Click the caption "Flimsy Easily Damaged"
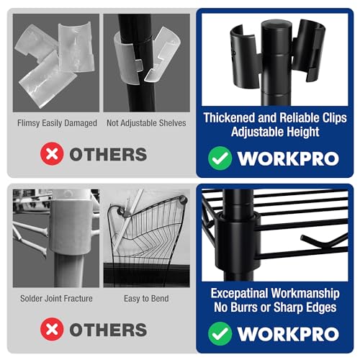click(x=57, y=123)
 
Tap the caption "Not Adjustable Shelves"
click(x=146, y=123)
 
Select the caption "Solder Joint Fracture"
click(x=56, y=299)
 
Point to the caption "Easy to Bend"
click(x=146, y=299)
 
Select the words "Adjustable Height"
click(x=275, y=132)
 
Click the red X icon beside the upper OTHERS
click(x=52, y=154)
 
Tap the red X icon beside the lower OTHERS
click(x=52, y=329)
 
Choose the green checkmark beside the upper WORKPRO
click(x=220, y=158)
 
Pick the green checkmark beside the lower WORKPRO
click(x=220, y=333)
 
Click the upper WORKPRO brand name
click(x=288, y=158)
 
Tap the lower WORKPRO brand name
click(x=288, y=334)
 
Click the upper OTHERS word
click(x=108, y=154)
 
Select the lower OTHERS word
click(x=108, y=330)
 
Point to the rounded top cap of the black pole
click(x=276, y=27)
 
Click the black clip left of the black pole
click(x=245, y=56)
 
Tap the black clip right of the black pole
click(x=307, y=49)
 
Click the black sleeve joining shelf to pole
click(x=238, y=243)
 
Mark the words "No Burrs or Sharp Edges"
click(x=275, y=307)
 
